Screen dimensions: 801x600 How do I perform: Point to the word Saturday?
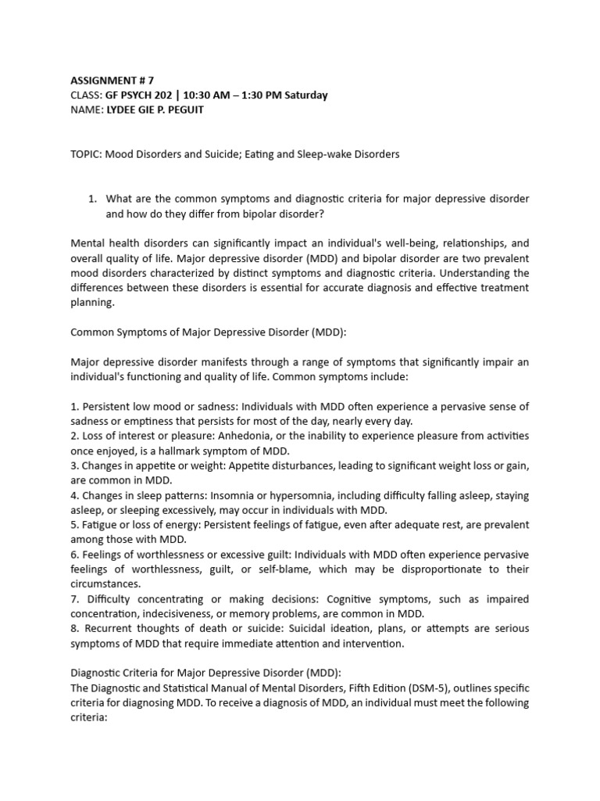302,95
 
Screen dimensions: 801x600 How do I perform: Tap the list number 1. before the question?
93,199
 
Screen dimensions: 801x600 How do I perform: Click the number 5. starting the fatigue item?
75,524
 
